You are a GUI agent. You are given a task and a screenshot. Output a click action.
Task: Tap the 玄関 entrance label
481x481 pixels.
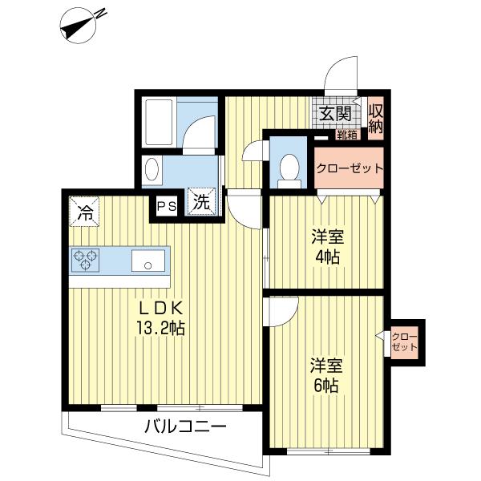[335, 114]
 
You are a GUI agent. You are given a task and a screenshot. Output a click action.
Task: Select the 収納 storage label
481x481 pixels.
[376, 119]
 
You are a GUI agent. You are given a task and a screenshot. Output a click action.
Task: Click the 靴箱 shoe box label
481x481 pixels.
[347, 135]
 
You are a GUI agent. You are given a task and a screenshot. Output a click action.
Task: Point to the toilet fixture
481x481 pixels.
[289, 171]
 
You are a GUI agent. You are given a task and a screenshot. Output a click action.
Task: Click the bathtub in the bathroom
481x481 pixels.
[160, 122]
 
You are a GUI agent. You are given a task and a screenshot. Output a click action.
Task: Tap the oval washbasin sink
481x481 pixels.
[152, 170]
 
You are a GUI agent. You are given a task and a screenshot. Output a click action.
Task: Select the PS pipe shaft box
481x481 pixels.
[167, 206]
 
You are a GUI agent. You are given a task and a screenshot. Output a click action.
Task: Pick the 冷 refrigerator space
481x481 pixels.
[84, 212]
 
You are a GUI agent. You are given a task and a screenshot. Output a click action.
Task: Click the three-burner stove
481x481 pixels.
[86, 260]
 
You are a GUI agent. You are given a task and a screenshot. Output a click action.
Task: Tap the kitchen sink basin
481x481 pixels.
[148, 261]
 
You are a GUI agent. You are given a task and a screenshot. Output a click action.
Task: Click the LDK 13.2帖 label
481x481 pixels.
[161, 318]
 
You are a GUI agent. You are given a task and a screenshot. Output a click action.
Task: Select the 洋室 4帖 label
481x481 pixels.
[327, 247]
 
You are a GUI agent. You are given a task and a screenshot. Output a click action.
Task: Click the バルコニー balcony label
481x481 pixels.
[186, 426]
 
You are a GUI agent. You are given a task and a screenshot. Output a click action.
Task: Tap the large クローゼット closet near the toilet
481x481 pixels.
[349, 168]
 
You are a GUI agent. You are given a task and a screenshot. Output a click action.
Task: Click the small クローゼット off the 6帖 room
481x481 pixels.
[404, 342]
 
